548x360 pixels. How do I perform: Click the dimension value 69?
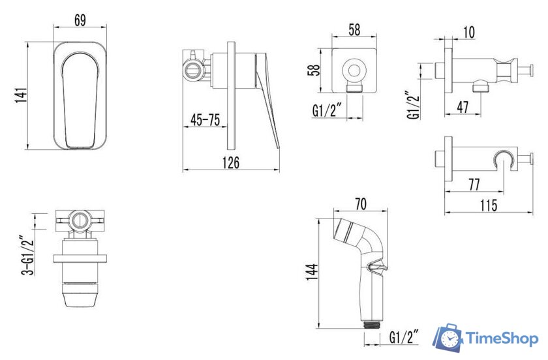[80, 20]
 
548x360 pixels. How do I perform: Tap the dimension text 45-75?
[205, 120]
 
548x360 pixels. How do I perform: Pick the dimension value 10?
[469, 32]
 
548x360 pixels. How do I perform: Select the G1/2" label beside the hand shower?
[403, 337]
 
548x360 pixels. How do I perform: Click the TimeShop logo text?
[500, 338]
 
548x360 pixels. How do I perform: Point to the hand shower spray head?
[351, 232]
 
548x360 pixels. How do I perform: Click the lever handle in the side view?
[268, 98]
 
